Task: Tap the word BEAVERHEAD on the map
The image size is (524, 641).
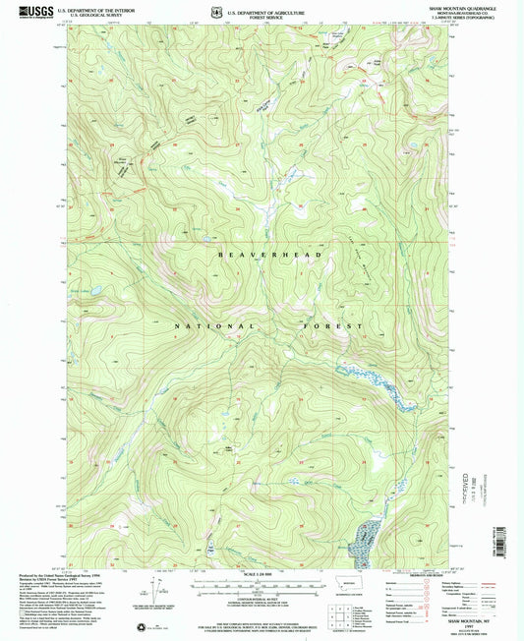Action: (x=260, y=254)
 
